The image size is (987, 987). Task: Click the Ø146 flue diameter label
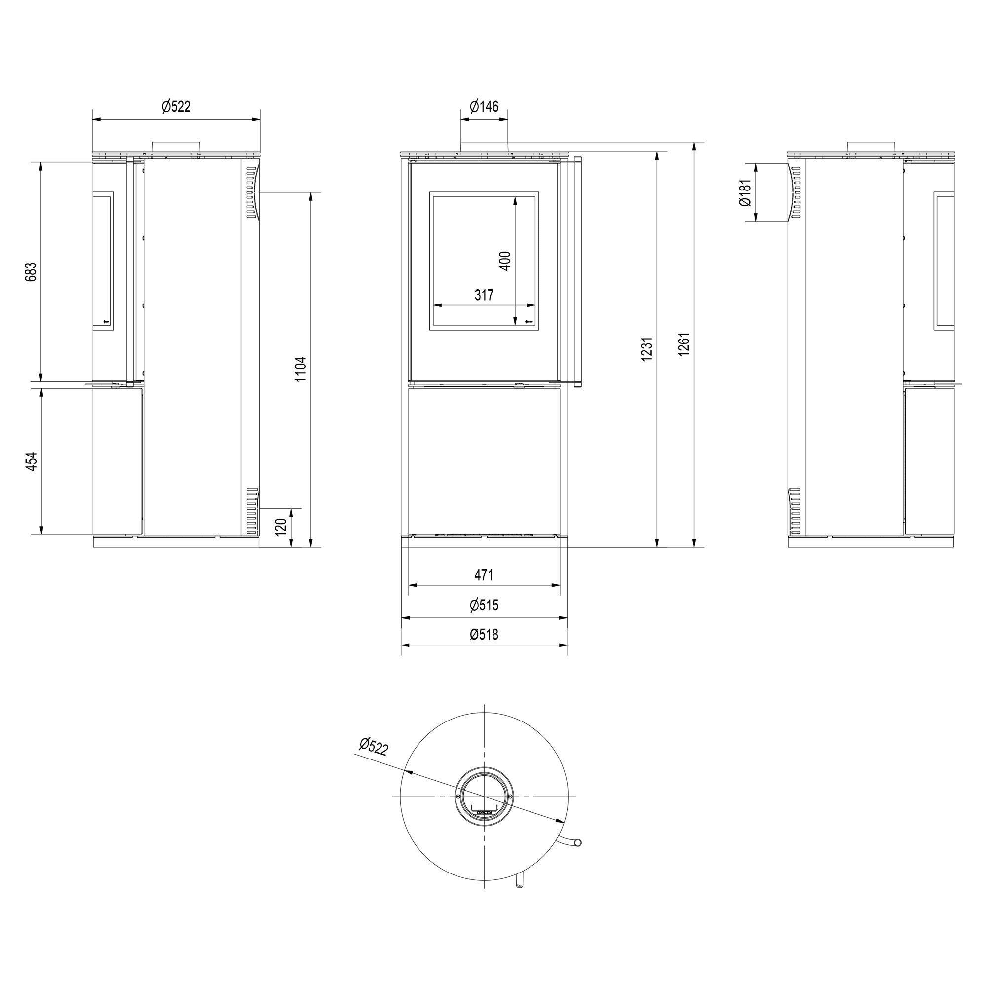[484, 106]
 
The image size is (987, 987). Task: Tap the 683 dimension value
[31, 272]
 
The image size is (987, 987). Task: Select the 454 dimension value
[31, 462]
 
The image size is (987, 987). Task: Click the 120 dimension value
[281, 527]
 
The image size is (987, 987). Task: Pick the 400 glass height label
[505, 261]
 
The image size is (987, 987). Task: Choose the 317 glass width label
[484, 295]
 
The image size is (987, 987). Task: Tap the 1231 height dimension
[646, 349]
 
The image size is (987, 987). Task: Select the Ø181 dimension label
[744, 192]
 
